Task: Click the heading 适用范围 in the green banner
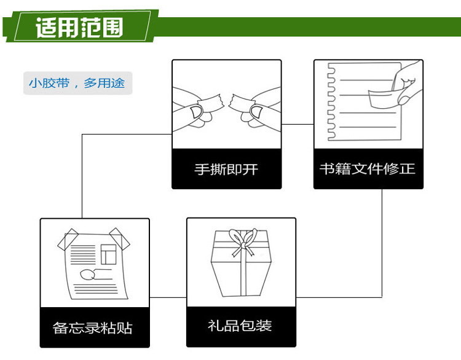tap(79, 28)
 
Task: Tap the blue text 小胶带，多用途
tap(77, 83)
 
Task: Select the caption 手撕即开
tap(226, 170)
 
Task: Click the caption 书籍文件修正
tap(368, 169)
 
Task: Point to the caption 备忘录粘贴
tap(93, 327)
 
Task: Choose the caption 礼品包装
tap(240, 326)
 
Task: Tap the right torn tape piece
tap(242, 103)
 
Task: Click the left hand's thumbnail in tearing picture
tap(196, 112)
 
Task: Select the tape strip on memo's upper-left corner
tap(68, 240)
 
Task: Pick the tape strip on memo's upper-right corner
tap(120, 239)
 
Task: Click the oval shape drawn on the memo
tap(87, 275)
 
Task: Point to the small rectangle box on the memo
tap(108, 254)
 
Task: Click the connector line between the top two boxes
tap(297, 124)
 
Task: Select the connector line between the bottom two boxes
tap(168, 297)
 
